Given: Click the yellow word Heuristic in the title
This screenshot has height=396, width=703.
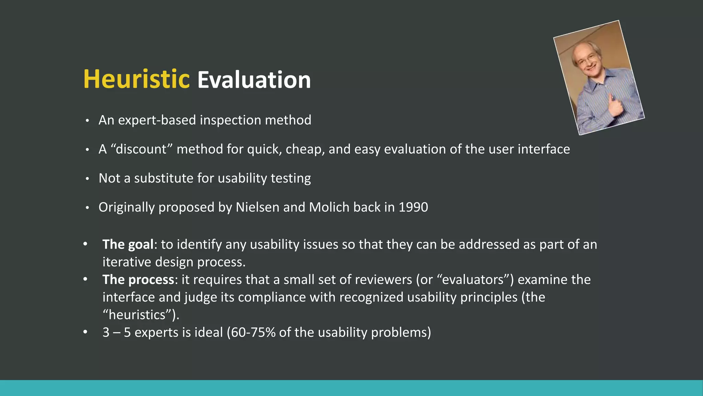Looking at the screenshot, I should pos(136,79).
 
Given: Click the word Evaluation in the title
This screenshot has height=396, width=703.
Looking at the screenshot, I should pos(254,80).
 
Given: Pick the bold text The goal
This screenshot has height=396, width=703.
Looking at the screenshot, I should pos(128,244).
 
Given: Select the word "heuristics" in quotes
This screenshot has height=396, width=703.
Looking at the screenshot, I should pos(137,315).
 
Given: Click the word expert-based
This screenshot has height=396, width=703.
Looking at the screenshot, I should pos(157,120).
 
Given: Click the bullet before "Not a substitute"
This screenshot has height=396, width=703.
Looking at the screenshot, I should pos(88,179).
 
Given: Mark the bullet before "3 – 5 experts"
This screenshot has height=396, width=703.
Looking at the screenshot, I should pos(85,332).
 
